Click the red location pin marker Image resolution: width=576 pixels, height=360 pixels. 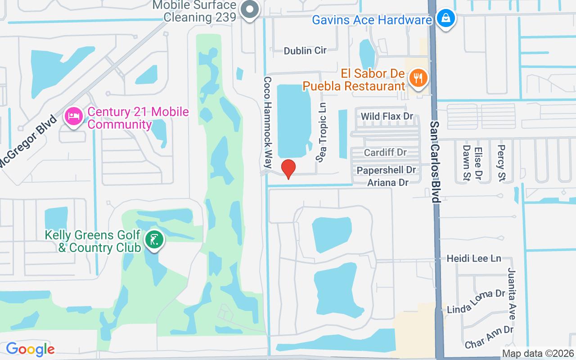(x=288, y=168)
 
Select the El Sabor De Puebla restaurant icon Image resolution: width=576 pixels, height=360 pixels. (x=418, y=79)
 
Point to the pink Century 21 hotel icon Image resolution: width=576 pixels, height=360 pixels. (x=74, y=117)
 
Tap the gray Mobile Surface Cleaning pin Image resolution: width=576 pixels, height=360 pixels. (x=249, y=9)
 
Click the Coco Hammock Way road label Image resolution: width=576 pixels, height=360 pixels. (x=268, y=122)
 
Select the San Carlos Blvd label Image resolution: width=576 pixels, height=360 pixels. (x=435, y=162)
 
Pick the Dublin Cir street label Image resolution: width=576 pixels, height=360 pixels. (x=305, y=50)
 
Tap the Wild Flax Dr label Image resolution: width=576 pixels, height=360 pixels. (x=387, y=117)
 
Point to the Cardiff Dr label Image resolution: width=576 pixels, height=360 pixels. (x=385, y=153)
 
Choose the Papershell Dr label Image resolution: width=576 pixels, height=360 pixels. (x=386, y=171)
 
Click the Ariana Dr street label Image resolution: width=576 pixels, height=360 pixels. (x=388, y=182)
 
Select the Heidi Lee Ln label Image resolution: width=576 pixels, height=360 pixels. (x=474, y=258)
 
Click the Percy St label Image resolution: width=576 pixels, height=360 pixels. (x=501, y=157)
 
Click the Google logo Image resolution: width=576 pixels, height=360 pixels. (x=30, y=349)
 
